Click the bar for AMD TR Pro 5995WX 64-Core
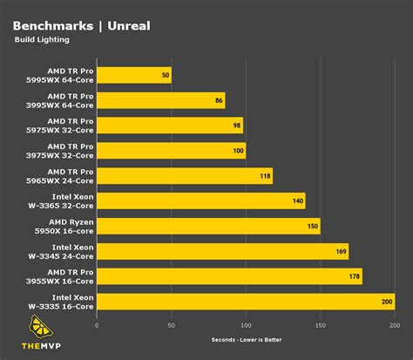(x=134, y=76)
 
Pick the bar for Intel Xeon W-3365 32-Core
(x=201, y=201)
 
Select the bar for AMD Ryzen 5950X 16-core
(x=208, y=227)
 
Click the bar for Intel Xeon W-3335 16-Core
(x=246, y=302)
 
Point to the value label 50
(x=165, y=76)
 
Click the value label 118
(x=265, y=176)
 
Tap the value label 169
(x=341, y=252)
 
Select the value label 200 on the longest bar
(x=387, y=302)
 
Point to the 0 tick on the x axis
(x=97, y=325)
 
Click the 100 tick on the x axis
(x=246, y=325)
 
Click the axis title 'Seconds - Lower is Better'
(x=246, y=340)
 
